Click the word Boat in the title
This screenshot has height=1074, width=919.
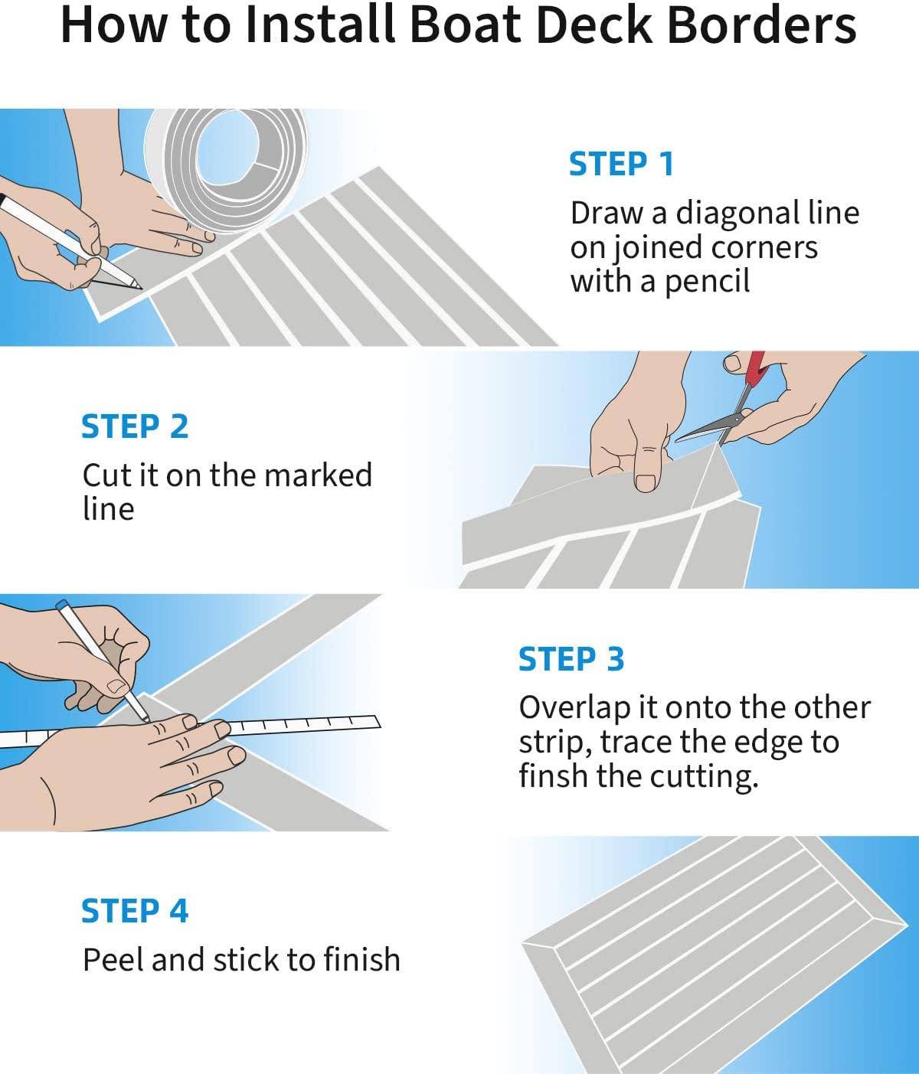coord(465,25)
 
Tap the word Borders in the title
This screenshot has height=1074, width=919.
coord(761,25)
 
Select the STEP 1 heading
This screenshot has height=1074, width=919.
coord(621,164)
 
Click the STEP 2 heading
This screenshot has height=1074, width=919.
coord(135,426)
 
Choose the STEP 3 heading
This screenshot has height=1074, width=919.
coord(571,659)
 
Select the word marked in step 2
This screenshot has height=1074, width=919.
coord(318,475)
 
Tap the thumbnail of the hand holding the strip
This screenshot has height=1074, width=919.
coord(646,482)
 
